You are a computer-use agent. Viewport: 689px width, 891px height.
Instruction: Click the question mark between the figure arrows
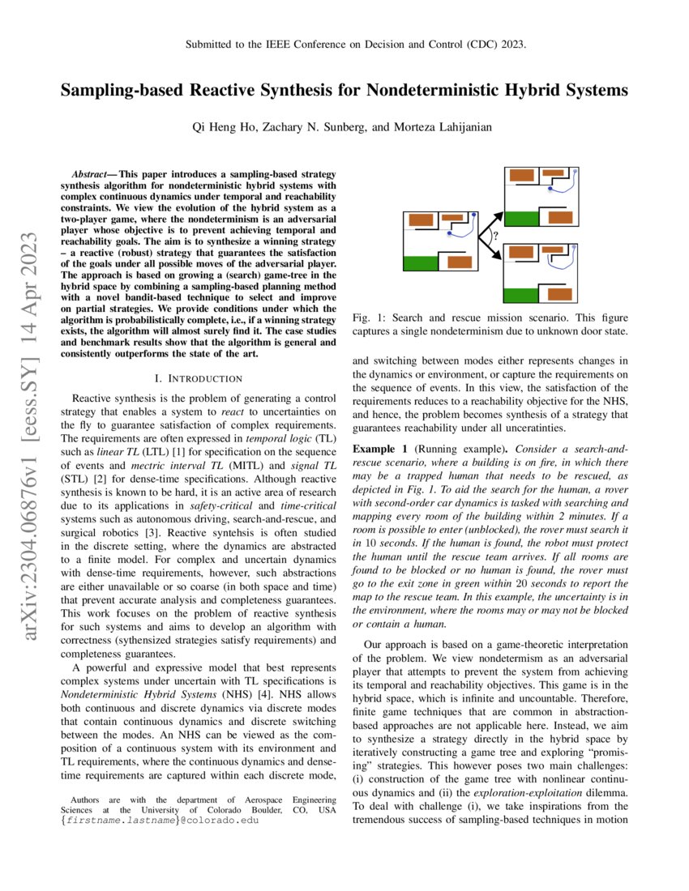495,237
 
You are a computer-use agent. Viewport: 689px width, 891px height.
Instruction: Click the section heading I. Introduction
198,378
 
